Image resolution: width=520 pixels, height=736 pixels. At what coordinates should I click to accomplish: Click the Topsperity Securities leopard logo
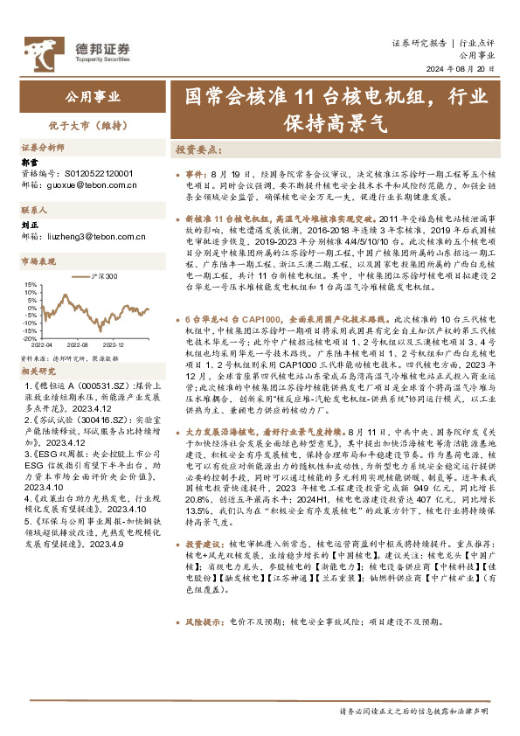point(41,50)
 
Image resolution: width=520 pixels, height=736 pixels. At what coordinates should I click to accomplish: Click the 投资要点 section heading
point(198,149)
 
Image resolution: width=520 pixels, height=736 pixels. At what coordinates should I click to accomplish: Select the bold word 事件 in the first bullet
point(196,175)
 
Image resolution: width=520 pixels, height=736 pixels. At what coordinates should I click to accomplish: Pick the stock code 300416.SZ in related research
point(95,420)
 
